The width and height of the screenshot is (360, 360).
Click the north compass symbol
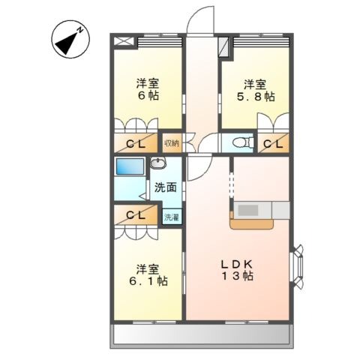pos(70,39)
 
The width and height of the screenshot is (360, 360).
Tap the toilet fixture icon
pos(243,142)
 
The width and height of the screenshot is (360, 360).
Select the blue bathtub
pos(130,166)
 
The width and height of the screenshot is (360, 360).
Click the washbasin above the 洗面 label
pos(158,163)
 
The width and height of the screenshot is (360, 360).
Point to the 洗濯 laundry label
pos(172,217)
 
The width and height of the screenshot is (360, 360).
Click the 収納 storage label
pos(172,143)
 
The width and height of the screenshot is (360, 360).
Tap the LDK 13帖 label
pos(237,270)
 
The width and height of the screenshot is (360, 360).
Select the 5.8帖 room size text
pos(256,97)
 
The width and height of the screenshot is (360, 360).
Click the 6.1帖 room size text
pos(148,281)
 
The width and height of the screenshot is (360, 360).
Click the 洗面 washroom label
pos(166,187)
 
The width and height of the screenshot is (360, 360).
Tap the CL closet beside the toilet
pos(273,143)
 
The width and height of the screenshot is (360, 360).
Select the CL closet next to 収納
pos(136,143)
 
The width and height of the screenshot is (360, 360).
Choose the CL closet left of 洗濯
pos(136,214)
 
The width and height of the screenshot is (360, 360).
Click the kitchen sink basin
pos(248,210)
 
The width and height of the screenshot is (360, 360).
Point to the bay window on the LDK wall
pos(297,267)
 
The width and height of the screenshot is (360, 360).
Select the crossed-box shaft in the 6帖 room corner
pos(124,41)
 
